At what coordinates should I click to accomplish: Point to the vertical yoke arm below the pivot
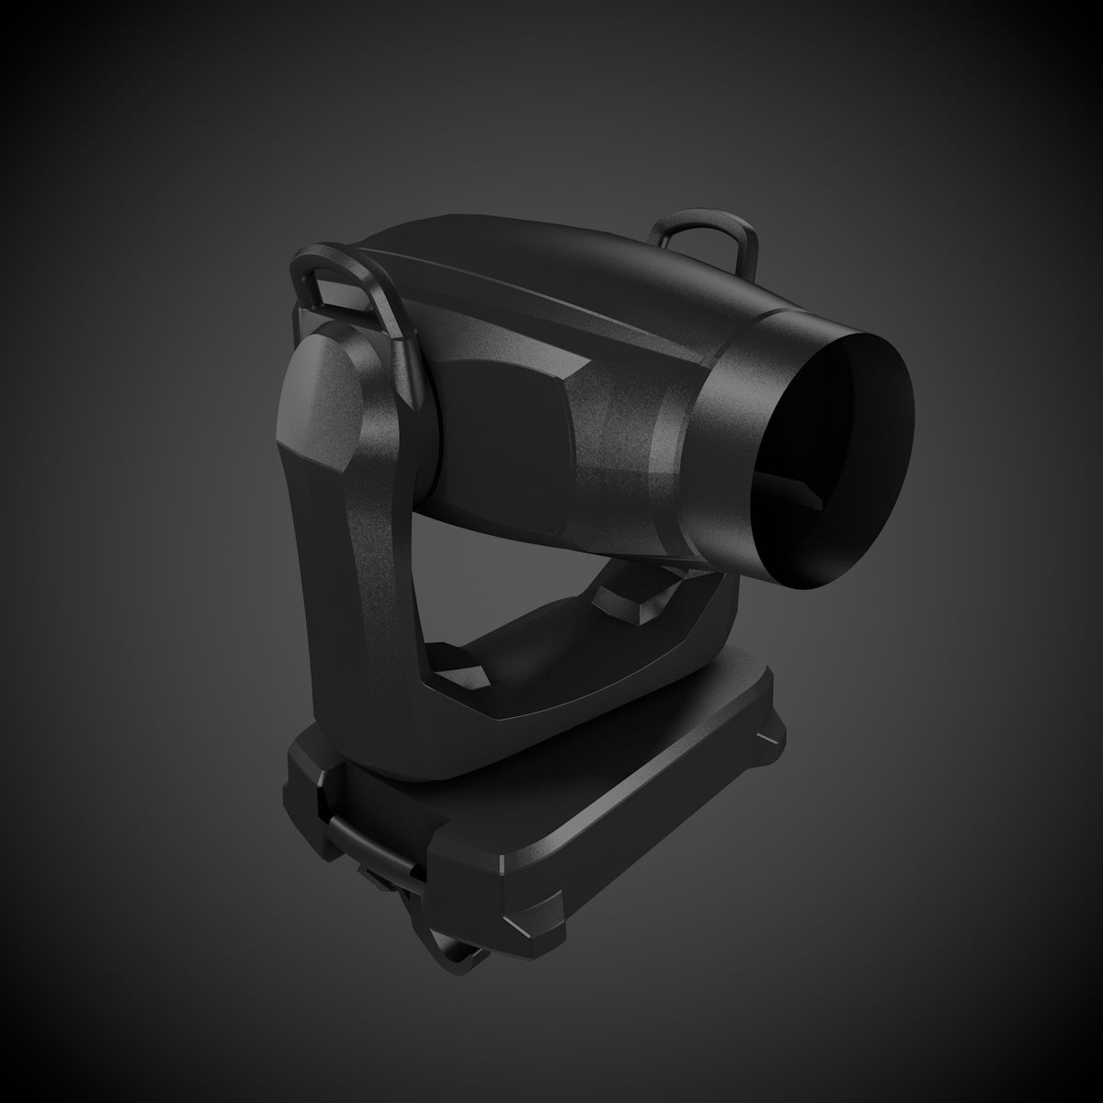pos(354,588)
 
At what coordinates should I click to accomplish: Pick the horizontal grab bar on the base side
pos(368,841)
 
